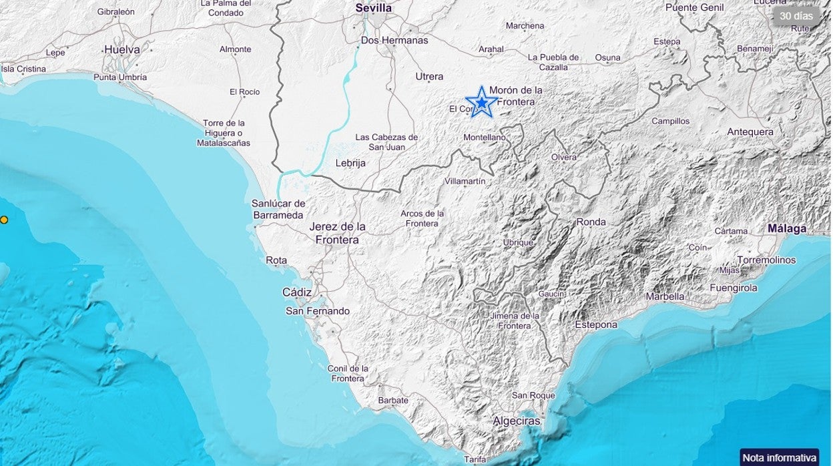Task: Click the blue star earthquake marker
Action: (481, 102)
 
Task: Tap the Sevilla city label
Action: (374, 8)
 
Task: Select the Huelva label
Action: (122, 49)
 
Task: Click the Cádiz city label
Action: (297, 292)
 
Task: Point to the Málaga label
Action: (786, 228)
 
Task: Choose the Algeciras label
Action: (516, 421)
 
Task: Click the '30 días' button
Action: (796, 15)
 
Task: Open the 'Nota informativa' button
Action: (780, 457)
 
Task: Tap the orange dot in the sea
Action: (4, 220)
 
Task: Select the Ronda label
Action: (591, 222)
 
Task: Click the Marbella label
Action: (665, 296)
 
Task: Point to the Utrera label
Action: (429, 77)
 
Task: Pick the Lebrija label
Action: (350, 163)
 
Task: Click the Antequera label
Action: (750, 132)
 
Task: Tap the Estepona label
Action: (596, 324)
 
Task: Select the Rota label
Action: (276, 260)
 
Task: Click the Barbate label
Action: (392, 401)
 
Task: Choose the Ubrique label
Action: (519, 243)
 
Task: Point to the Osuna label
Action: (607, 58)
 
